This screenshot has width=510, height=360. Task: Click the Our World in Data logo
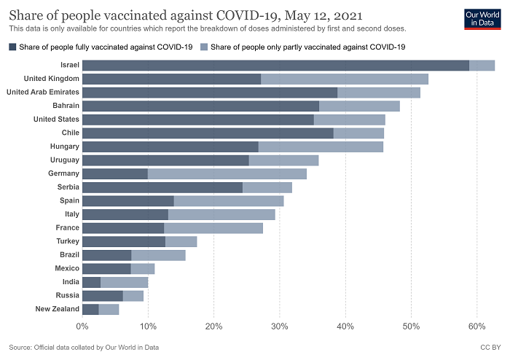coord(482,19)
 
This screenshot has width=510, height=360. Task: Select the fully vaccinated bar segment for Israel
coord(275,66)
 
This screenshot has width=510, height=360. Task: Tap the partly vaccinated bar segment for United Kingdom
coord(345,79)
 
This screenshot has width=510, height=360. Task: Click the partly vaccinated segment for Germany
coord(227,173)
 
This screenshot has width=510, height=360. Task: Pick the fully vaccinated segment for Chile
coord(208,133)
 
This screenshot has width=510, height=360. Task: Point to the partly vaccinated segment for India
coord(124,282)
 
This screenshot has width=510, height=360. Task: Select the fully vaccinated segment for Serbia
coord(162,187)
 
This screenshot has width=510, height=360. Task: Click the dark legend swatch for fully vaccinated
coord(12,47)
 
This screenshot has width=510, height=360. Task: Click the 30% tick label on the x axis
coord(280,326)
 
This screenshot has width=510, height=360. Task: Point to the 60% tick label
coord(476,326)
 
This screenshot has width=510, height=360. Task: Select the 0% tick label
coord(82,326)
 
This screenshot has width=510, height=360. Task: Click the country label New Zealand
coord(57,309)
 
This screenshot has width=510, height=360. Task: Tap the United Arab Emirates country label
coord(42,93)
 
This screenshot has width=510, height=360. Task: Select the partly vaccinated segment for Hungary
coord(321,146)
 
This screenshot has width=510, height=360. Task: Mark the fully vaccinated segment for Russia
coord(103,295)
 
